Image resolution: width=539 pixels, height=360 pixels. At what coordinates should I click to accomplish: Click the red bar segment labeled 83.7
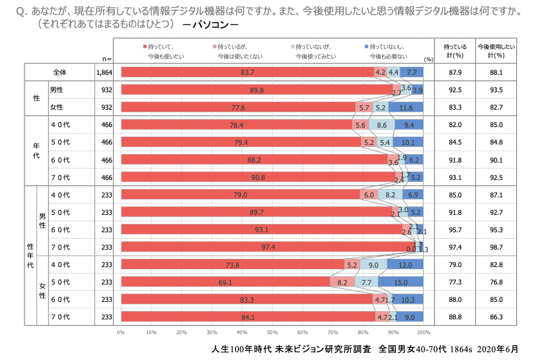248,72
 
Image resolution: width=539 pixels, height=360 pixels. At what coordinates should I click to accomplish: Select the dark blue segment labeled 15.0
400,283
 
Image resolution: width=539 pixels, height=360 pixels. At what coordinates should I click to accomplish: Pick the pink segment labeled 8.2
342,283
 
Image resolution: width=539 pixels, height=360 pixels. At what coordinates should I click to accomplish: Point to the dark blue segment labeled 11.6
406,108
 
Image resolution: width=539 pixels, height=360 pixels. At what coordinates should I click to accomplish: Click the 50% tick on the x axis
272,333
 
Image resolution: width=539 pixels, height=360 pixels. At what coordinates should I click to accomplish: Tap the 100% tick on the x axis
423,333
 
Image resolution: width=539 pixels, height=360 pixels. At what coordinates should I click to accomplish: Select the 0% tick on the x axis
121,333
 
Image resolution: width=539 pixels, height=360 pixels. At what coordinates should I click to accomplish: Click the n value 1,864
103,73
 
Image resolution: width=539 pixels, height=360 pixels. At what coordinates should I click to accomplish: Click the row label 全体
60,73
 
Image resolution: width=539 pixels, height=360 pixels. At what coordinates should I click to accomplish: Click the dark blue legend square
366,46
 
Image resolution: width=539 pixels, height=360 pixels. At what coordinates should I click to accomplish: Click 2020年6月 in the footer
497,349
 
